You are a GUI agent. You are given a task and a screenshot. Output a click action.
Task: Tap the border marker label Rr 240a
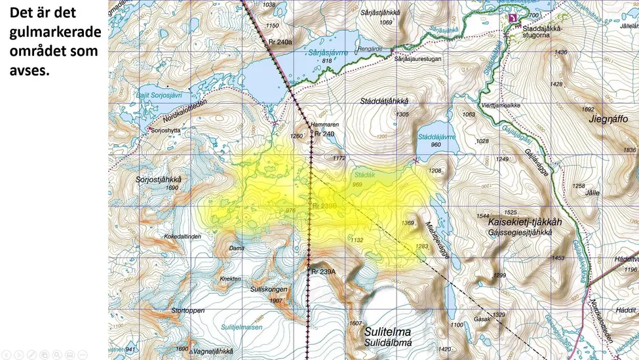[x=280, y=41]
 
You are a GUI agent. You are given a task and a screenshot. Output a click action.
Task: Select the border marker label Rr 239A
[x=323, y=271]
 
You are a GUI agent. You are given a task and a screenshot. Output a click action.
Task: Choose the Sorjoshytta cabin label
[x=165, y=130]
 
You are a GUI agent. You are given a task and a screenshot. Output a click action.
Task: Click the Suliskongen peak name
[x=269, y=289]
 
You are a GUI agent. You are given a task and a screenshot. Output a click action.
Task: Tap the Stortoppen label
[x=187, y=310]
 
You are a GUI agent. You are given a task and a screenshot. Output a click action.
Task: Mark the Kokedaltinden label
[x=183, y=236]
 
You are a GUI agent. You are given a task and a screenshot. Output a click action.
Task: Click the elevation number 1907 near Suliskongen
[x=276, y=300]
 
